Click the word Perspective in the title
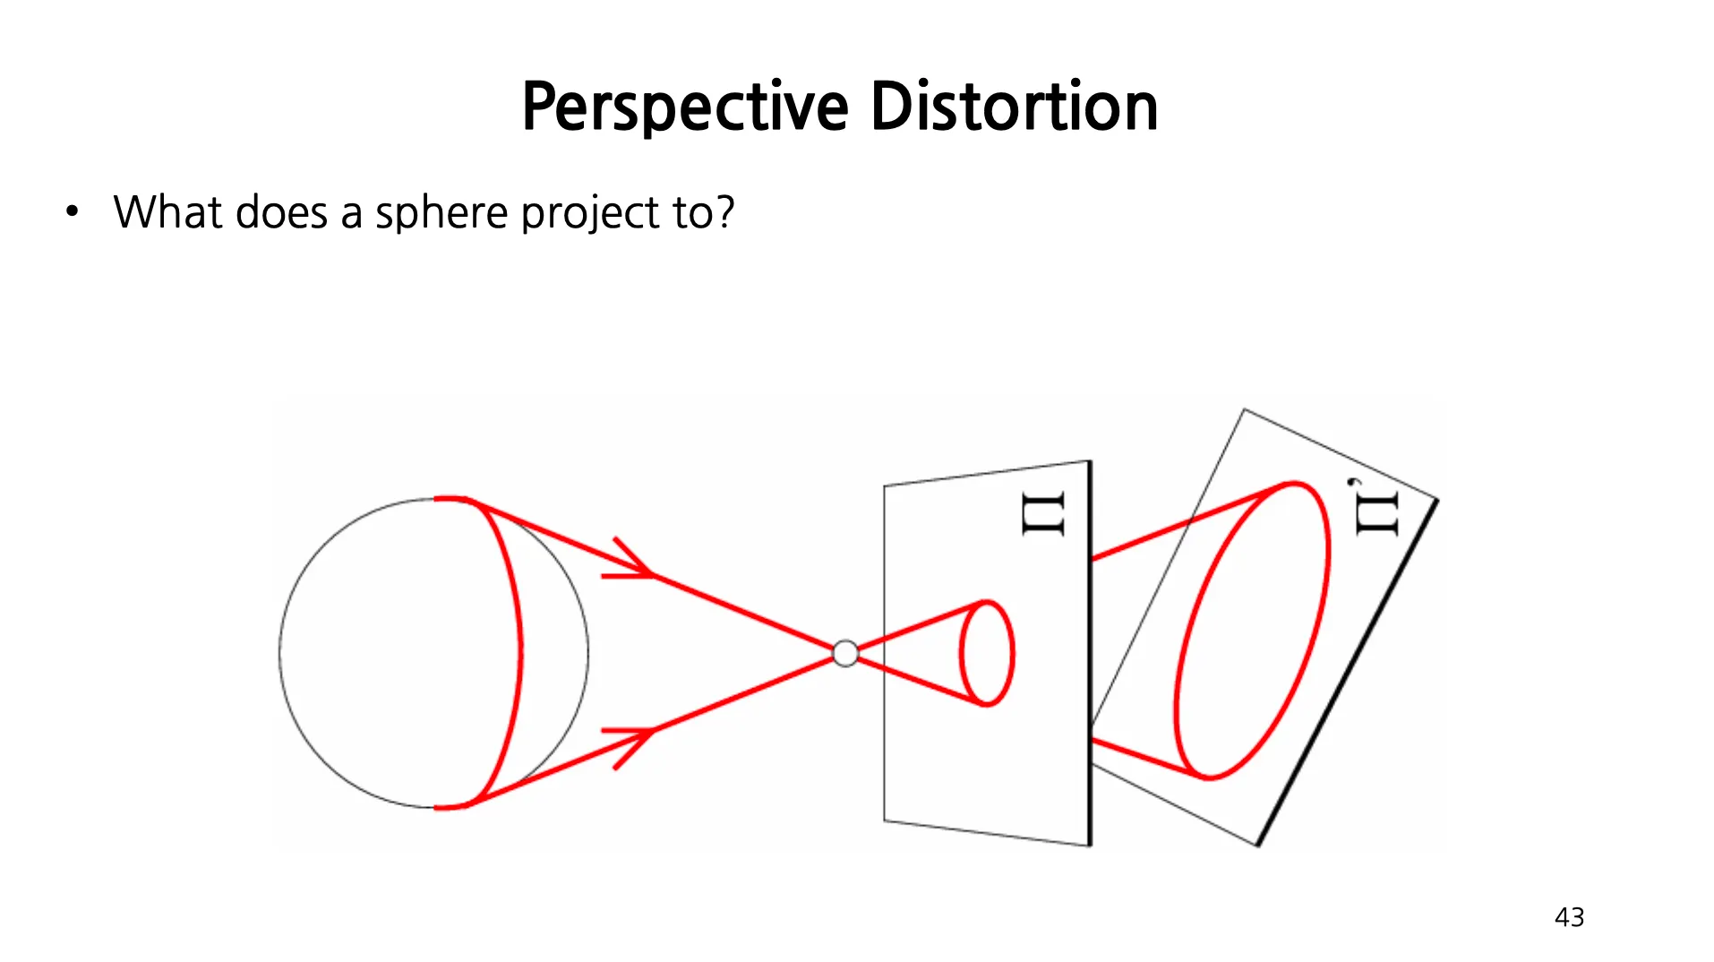click(685, 107)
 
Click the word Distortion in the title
click(1014, 107)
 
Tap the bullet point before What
click(73, 213)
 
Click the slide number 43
click(1569, 917)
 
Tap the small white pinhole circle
click(844, 654)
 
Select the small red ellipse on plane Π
click(987, 653)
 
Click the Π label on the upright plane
click(1044, 514)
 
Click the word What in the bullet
click(167, 213)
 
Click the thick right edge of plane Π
click(1090, 654)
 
